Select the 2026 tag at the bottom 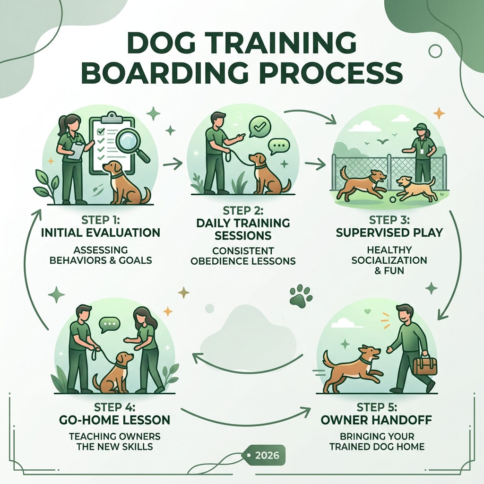point(266,456)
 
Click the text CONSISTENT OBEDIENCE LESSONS point(243,256)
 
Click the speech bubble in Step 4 point(110,325)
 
